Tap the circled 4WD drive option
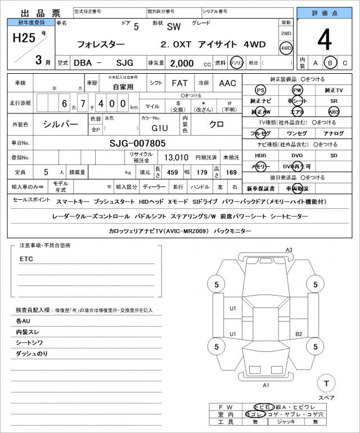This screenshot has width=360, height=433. tap(286, 48)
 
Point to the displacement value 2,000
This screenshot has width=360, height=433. tap(181, 63)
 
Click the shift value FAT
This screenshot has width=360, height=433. tap(179, 83)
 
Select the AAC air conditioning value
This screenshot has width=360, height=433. tap(228, 83)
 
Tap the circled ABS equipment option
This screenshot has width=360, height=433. tap(334, 111)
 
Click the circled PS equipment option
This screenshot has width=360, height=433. tap(260, 90)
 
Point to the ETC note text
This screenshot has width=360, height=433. tap(26, 259)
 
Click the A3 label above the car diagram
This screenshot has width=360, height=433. tap(289, 250)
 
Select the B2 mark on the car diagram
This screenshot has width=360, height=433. tap(299, 334)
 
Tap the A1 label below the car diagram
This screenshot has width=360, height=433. tap(266, 385)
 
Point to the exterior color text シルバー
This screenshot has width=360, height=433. tap(60, 124)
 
